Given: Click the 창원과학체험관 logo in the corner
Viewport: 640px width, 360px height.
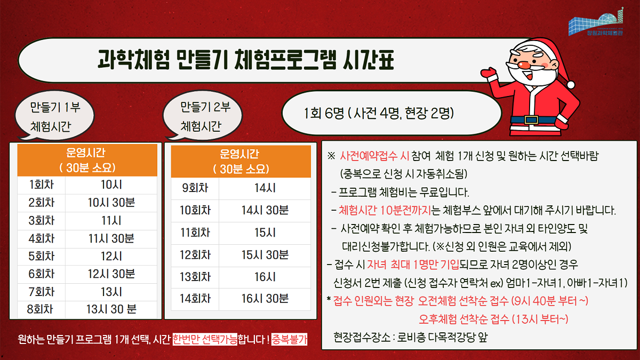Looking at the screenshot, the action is pos(596,22).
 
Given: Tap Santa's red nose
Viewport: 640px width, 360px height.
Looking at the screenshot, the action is pos(525,65).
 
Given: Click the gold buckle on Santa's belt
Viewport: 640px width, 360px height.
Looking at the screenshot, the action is pos(531,119).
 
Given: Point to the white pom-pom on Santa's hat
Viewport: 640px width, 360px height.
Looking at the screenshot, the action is pos(571,84).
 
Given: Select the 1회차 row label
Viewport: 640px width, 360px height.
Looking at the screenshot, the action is pos(42,185).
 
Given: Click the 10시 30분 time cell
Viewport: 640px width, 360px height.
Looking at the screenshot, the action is pos(111,203).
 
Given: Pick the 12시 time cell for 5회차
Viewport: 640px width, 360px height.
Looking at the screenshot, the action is pos(111,257).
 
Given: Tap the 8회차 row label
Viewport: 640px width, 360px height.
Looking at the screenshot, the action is pos(41,309).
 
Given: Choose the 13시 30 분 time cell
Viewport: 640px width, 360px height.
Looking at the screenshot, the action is pos(111,309).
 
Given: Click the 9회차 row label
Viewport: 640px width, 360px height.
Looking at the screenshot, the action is pos(195,188).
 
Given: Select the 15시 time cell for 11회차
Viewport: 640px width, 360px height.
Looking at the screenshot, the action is pos(265,233).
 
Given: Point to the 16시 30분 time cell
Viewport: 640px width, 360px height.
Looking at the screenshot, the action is pos(265,299).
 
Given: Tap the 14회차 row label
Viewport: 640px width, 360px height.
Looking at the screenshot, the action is pos(195,299).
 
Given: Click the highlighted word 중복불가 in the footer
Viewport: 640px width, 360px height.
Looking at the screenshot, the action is pos(289,339).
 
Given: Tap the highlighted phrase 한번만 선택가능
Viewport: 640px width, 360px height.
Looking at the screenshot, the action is pos(205,339).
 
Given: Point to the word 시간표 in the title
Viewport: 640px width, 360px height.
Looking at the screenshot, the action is pos(369,60).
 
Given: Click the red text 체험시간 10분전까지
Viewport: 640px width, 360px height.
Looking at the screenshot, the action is pos(385,210).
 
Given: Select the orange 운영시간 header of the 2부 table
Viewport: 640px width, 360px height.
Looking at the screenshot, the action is pos(241,162).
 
